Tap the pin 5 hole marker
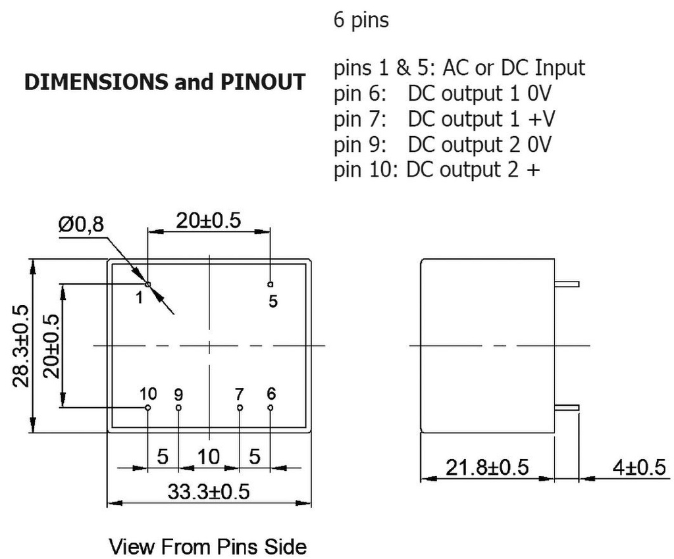click(270, 284)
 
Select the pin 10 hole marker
click(147, 408)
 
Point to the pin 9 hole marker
click(178, 408)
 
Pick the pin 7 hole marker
click(240, 408)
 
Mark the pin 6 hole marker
click(270, 408)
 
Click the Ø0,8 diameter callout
click(80, 225)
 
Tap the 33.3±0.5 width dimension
click(208, 492)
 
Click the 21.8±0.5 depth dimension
click(487, 468)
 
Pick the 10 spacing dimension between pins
click(209, 456)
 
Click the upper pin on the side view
click(566, 284)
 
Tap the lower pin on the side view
click(566, 408)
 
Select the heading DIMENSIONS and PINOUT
click(165, 82)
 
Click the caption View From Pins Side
click(207, 546)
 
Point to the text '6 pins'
click(361, 20)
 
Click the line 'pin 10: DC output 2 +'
click(437, 169)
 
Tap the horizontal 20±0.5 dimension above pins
click(208, 221)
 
